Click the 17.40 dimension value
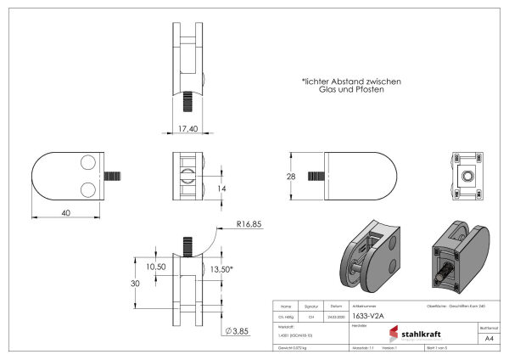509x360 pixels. pos(189,128)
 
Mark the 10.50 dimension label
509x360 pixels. pos(156,267)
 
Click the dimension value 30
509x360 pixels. pos(135,284)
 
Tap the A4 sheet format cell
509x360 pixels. pos(489,338)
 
